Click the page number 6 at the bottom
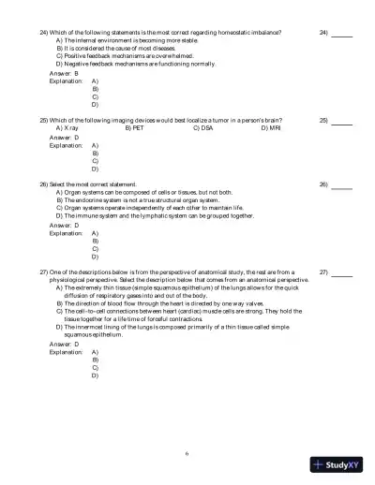187,453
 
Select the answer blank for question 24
341,34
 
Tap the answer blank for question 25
341,122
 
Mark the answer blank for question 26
341,185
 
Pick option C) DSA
202,128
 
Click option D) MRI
270,128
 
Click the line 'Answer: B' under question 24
64,72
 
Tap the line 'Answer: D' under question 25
64,137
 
